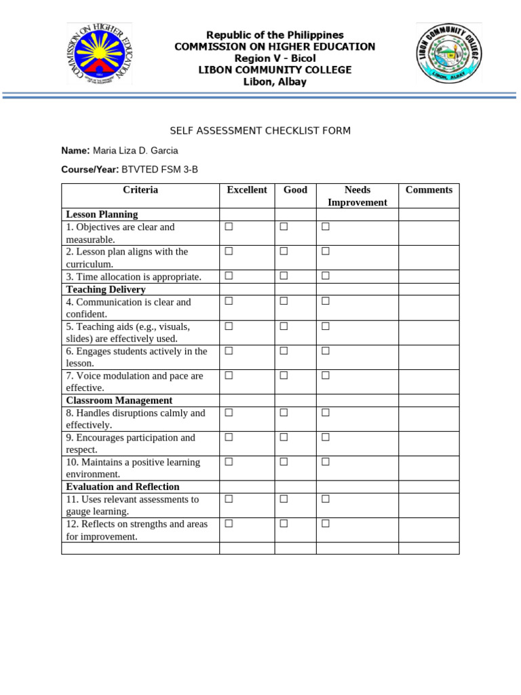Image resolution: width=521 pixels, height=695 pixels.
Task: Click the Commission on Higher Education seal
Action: [100, 54]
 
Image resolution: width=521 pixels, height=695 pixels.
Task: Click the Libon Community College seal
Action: [448, 54]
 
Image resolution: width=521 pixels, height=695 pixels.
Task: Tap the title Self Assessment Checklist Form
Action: [260, 130]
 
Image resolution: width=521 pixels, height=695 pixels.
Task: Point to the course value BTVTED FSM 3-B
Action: [159, 170]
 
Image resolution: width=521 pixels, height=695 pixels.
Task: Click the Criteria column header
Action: [140, 190]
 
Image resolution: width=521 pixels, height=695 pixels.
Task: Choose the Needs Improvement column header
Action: [357, 196]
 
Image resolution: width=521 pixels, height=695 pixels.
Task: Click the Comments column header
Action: [429, 190]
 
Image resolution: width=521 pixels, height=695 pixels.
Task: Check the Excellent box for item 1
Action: [229, 227]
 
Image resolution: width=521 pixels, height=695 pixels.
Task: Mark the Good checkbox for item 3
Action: [284, 276]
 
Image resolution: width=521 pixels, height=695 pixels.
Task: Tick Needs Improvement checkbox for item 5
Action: [326, 326]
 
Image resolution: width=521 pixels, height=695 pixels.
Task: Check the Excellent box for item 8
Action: [229, 413]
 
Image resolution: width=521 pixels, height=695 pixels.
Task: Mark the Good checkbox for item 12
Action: [284, 524]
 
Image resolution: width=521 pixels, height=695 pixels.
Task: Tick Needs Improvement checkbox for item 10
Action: [326, 462]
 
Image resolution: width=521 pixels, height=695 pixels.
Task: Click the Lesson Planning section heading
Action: [102, 214]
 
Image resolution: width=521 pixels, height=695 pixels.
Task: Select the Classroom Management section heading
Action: [119, 400]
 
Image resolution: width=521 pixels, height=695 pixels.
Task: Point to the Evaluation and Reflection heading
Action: [123, 487]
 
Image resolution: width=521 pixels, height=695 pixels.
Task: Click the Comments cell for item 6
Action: [429, 357]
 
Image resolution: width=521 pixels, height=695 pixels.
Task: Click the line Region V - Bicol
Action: [275, 58]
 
